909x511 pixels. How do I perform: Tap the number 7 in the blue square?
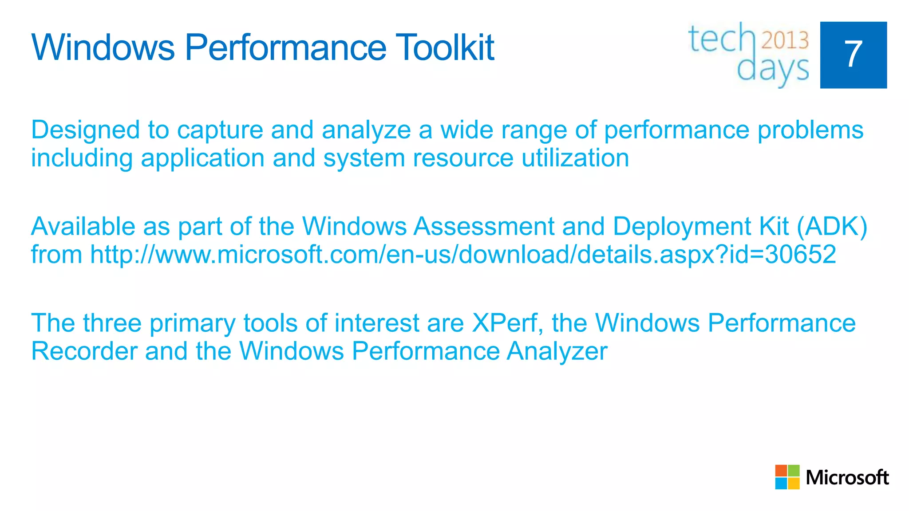(853, 55)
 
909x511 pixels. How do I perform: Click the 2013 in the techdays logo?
(785, 40)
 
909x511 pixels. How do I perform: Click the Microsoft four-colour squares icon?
(787, 477)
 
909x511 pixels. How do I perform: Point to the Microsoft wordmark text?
(847, 478)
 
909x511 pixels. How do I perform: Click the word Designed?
(85, 130)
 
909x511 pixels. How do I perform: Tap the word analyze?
(366, 131)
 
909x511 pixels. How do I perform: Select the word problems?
(810, 130)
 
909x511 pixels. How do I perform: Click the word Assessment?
(484, 227)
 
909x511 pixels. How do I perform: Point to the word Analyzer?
(557, 352)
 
